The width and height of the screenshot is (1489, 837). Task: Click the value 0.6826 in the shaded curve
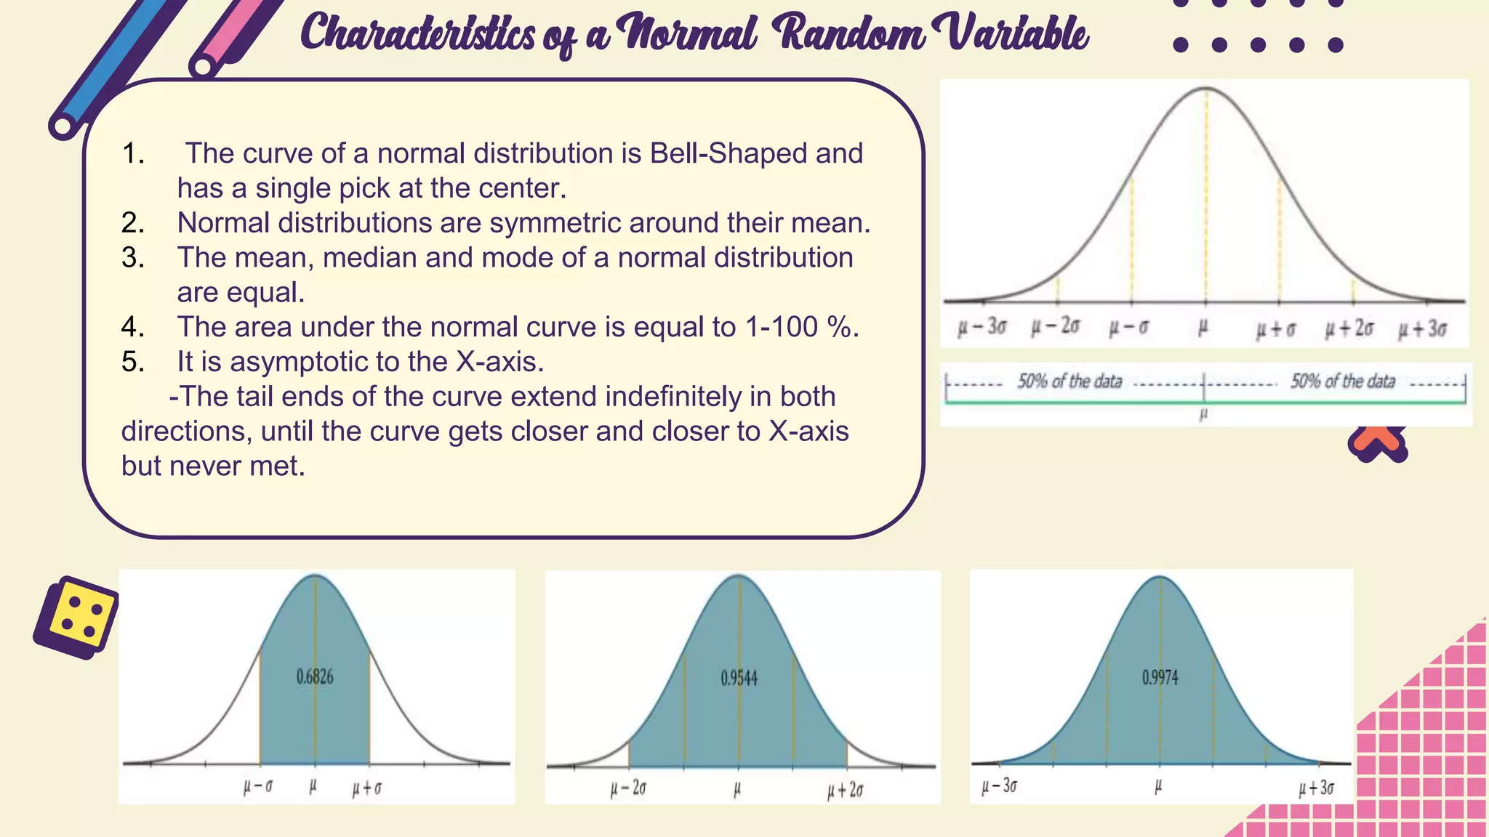coord(315,677)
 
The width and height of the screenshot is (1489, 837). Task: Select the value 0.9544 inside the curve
coord(739,679)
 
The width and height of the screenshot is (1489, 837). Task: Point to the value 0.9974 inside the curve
coord(1160,678)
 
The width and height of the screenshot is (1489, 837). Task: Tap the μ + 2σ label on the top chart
coord(1349,328)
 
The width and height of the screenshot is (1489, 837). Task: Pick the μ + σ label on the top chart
coord(1276,330)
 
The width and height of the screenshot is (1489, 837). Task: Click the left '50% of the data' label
coord(1069,381)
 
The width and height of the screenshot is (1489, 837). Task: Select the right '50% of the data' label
coord(1343,381)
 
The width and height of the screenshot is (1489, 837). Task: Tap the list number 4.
coord(132,327)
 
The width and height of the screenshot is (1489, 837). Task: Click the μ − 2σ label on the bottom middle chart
coord(628,789)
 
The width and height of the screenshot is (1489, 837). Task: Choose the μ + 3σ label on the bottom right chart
coord(1317,788)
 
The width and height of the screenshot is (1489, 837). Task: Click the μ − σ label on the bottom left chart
coord(258,787)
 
